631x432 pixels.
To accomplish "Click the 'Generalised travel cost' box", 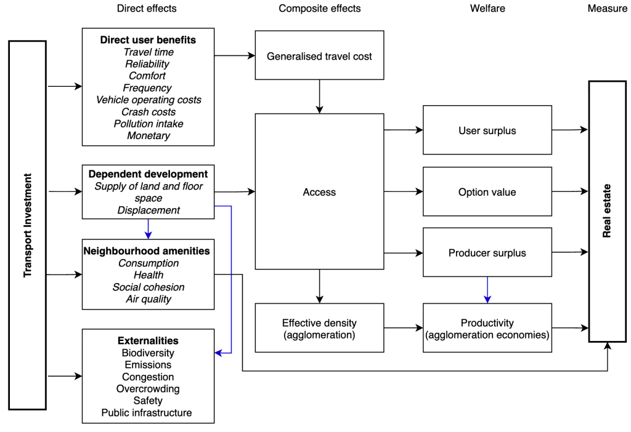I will click(x=319, y=56).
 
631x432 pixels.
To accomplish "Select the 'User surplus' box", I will click(x=487, y=130).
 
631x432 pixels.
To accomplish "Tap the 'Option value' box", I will click(x=487, y=192).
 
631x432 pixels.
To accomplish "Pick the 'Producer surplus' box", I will click(x=487, y=253).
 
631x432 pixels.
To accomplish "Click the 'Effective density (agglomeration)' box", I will click(x=319, y=328).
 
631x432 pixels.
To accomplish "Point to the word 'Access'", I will click(x=319, y=192).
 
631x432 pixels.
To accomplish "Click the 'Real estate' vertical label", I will click(x=607, y=210).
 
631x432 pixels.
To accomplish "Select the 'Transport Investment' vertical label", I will click(x=27, y=225).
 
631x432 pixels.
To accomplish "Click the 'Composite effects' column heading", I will click(x=319, y=9).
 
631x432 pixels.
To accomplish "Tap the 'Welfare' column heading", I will click(x=486, y=9).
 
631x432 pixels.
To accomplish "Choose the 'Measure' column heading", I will click(x=607, y=9).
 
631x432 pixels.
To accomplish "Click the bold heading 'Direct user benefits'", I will click(x=148, y=40).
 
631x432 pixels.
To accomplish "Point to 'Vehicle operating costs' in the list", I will click(x=148, y=100).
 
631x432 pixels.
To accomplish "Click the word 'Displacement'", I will click(x=148, y=210).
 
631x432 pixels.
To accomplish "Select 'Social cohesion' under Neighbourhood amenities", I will click(x=148, y=287).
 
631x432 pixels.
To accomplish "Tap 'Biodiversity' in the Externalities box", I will click(x=148, y=353).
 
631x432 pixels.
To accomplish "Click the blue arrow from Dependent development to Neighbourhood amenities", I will click(x=148, y=229).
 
